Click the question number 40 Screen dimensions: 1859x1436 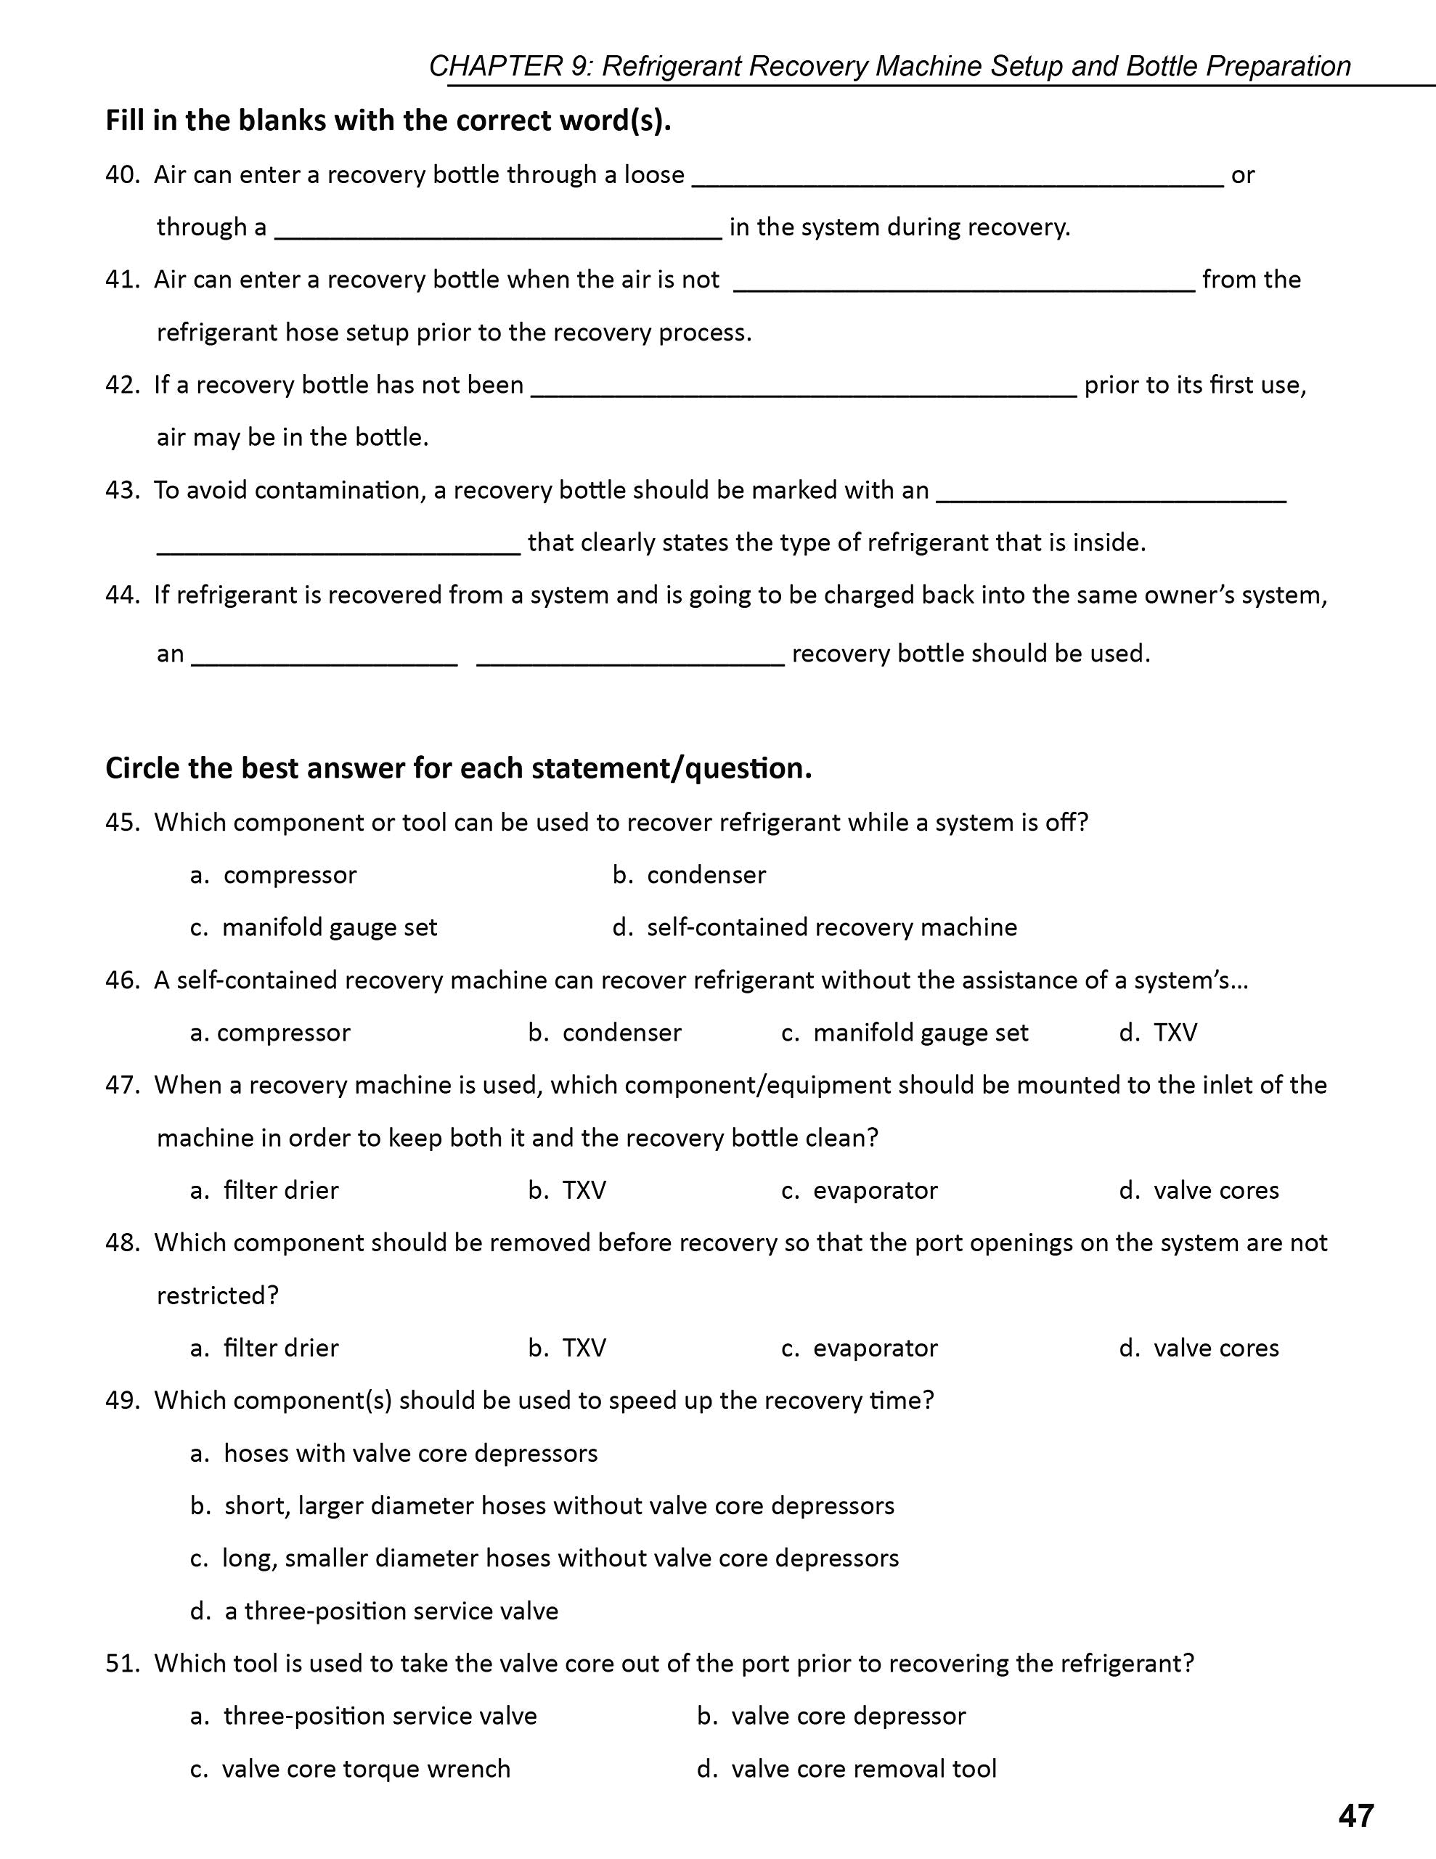123,174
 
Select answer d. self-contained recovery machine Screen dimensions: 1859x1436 815,927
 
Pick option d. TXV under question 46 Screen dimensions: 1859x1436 1159,1033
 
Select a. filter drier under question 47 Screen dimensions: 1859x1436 265,1190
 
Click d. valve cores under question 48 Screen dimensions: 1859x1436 1199,1349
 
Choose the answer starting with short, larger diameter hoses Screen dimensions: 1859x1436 542,1506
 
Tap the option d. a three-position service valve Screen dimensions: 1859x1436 375,1611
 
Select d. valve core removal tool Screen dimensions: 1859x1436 847,1769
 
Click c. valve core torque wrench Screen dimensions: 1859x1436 351,1769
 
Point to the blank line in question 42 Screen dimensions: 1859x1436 804,390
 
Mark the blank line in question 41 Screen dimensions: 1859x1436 964,285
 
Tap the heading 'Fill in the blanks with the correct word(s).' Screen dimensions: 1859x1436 388,121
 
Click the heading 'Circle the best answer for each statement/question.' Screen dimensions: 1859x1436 459,768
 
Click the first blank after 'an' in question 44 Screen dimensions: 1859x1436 325,658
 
